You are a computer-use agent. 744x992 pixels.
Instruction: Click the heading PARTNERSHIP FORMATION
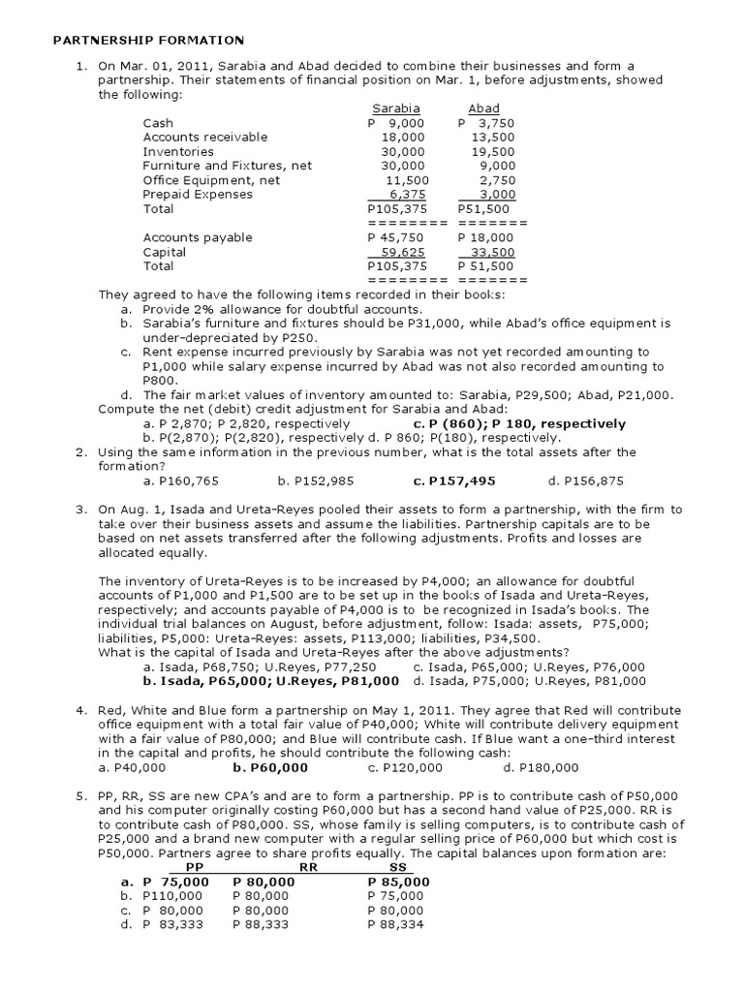coord(148,40)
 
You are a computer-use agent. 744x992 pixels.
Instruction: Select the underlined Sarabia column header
coord(393,109)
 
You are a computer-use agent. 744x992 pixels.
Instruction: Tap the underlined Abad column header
coord(483,109)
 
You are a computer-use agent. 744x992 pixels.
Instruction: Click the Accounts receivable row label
coord(205,138)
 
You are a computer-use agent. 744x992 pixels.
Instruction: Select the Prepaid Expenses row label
coord(198,194)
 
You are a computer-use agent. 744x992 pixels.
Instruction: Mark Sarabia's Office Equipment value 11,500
coord(406,180)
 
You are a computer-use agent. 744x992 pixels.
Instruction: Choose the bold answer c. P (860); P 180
coord(519,423)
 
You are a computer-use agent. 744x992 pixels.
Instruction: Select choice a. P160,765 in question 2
coord(180,480)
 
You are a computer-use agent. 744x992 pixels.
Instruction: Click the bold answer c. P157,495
coord(454,480)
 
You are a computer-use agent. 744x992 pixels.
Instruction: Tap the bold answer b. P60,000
coord(270,767)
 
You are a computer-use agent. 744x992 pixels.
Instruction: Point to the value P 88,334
coord(396,924)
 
